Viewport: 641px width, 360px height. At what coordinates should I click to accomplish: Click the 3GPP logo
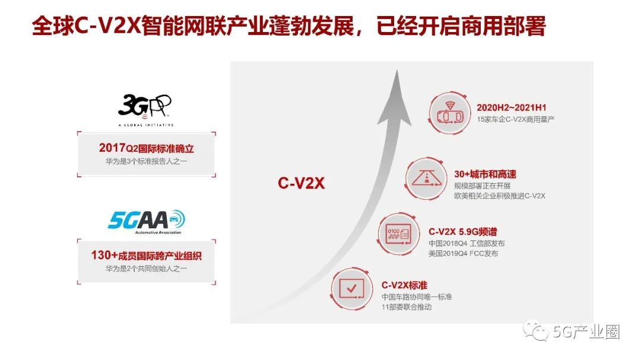point(145,106)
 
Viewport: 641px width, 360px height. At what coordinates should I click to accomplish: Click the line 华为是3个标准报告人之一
point(146,161)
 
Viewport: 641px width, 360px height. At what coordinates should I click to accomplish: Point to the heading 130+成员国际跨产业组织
point(146,256)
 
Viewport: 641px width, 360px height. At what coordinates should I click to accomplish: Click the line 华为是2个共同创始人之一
point(146,268)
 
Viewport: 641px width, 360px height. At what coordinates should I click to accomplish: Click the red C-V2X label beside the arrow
point(301,183)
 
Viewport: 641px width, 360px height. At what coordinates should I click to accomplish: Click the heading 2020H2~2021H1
point(511,107)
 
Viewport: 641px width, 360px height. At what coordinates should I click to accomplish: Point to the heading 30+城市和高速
point(485,174)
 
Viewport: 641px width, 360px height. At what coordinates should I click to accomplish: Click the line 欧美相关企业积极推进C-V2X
point(499,195)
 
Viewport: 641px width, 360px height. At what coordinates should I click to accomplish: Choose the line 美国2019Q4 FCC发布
point(463,253)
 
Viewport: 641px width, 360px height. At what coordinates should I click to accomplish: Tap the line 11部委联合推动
point(406,307)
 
